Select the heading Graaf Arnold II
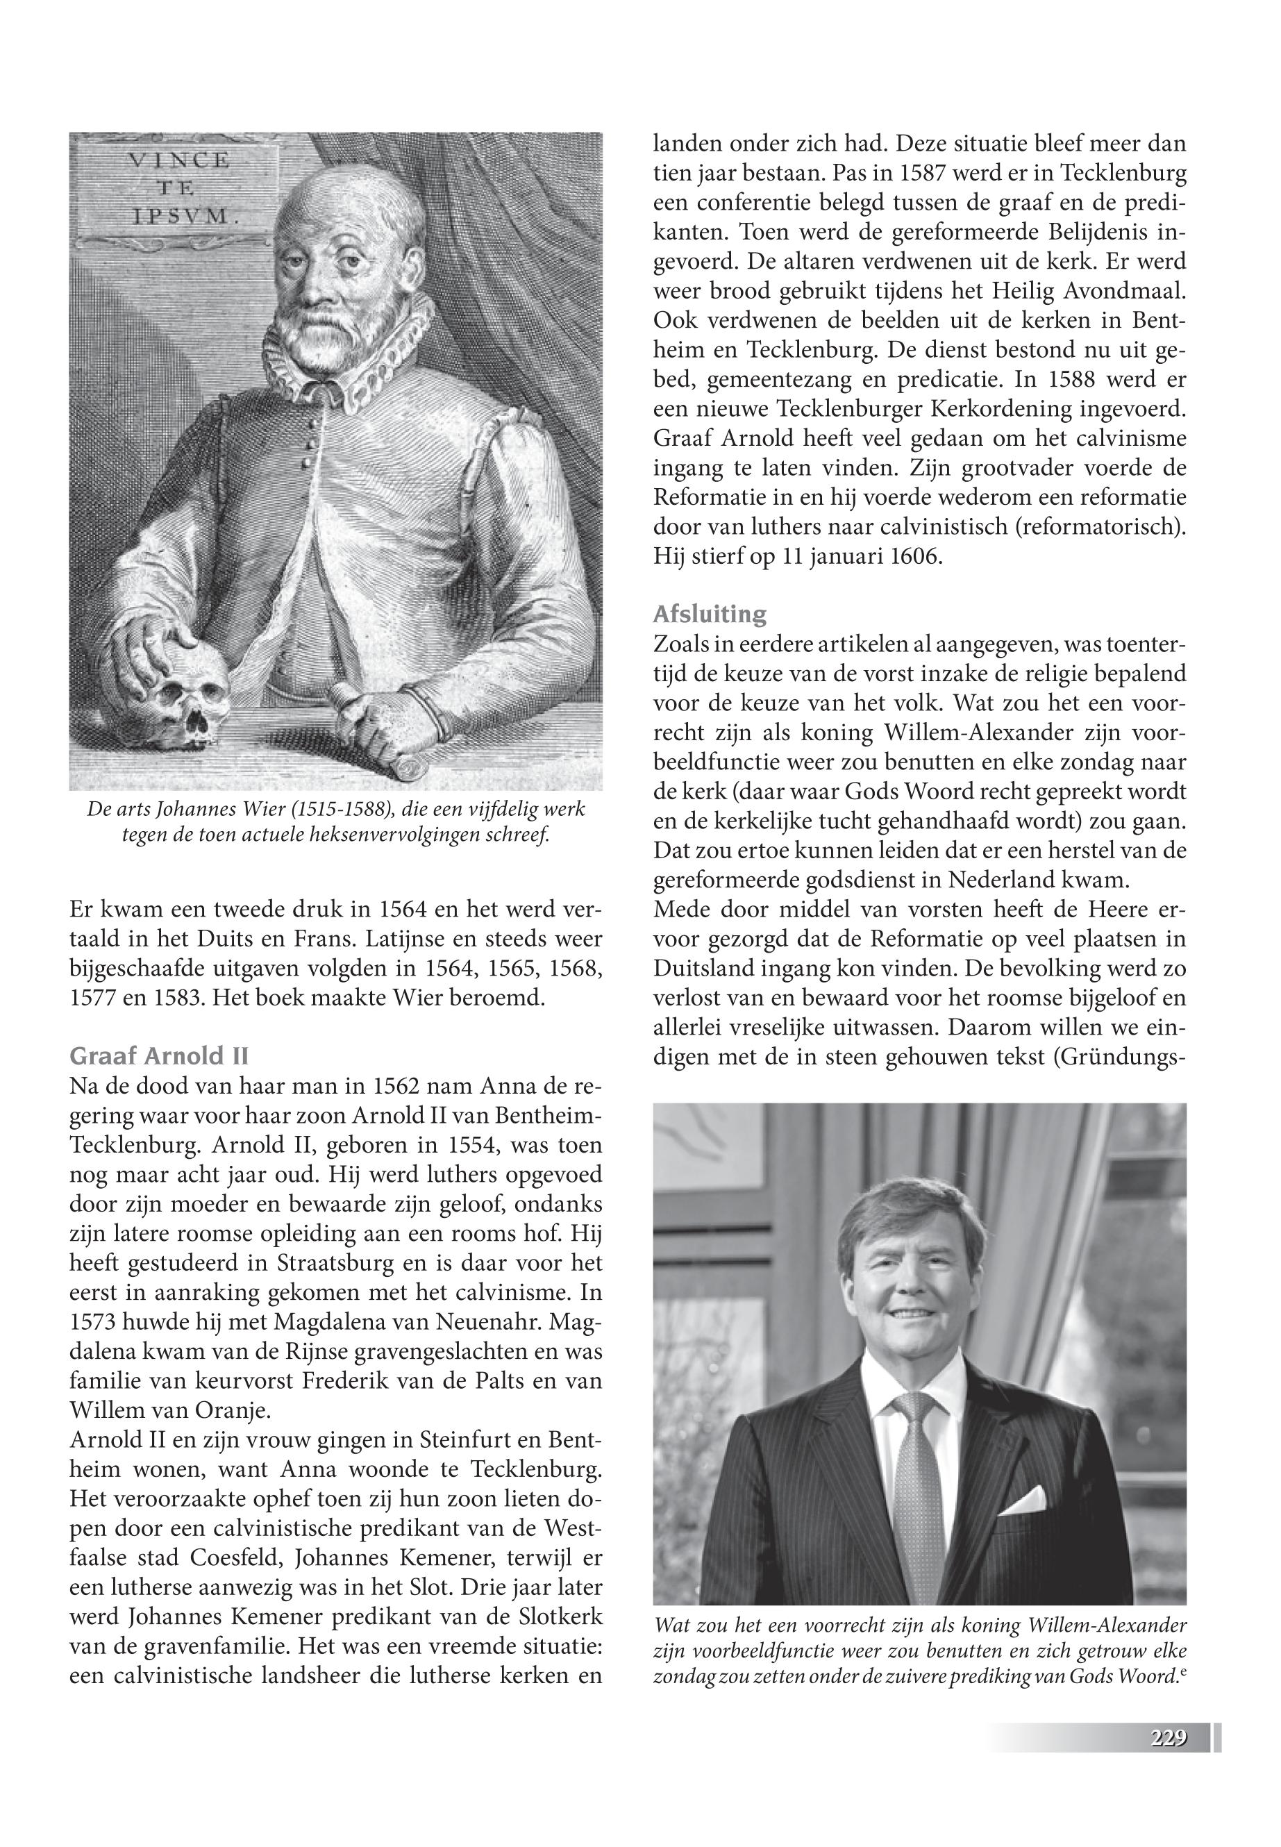[159, 1055]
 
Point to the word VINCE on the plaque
[179, 160]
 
